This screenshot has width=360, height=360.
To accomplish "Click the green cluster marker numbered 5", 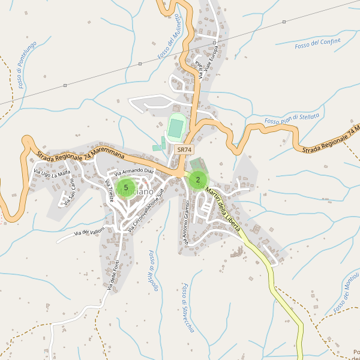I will (x=126, y=188).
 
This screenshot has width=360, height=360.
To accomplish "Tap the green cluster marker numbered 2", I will (x=198, y=179).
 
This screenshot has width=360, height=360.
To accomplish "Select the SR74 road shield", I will (x=184, y=149).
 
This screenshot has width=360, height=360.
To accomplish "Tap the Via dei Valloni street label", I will (x=89, y=232).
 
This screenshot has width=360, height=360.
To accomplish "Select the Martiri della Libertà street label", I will (x=223, y=209).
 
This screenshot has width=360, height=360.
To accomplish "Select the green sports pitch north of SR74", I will (x=176, y=127).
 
